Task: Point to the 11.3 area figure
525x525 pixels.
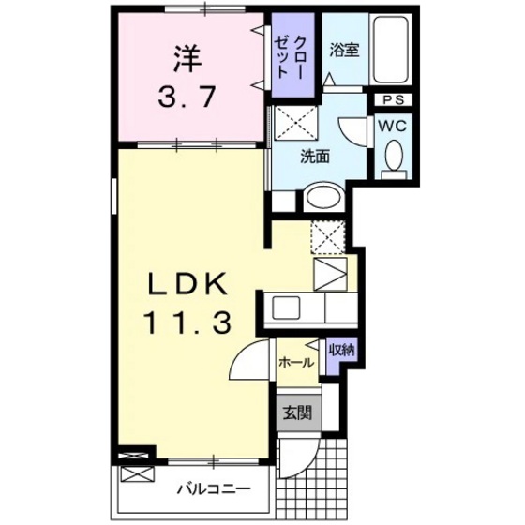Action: [187, 323]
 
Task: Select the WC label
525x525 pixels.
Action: [392, 123]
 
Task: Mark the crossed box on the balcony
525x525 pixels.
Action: [134, 475]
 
